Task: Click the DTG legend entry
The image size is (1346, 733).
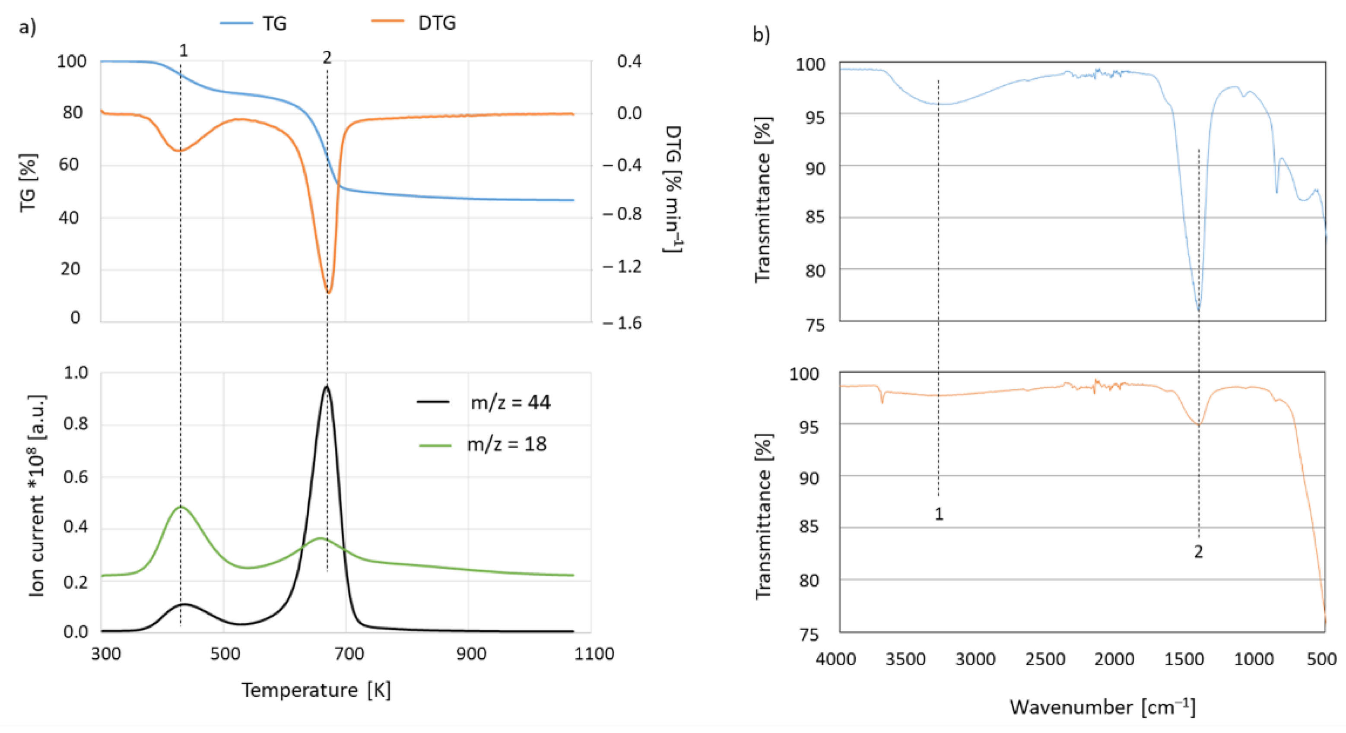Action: pyautogui.click(x=414, y=23)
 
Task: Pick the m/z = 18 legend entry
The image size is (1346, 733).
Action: pyautogui.click(x=484, y=444)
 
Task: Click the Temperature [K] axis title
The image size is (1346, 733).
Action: pyautogui.click(x=316, y=690)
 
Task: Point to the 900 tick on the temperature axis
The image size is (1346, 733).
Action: pyautogui.click(x=470, y=654)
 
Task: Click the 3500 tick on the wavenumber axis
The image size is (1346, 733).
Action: pyautogui.click(x=905, y=659)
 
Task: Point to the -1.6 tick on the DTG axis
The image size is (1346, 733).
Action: pyautogui.click(x=622, y=324)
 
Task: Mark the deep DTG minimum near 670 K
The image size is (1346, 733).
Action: pyautogui.click(x=328, y=292)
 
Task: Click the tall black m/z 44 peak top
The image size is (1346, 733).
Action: pyautogui.click(x=327, y=386)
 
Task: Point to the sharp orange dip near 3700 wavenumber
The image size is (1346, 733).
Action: pyautogui.click(x=883, y=402)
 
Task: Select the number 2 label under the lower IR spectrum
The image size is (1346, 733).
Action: pyautogui.click(x=1198, y=552)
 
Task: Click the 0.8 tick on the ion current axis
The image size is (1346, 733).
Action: pyautogui.click(x=76, y=424)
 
